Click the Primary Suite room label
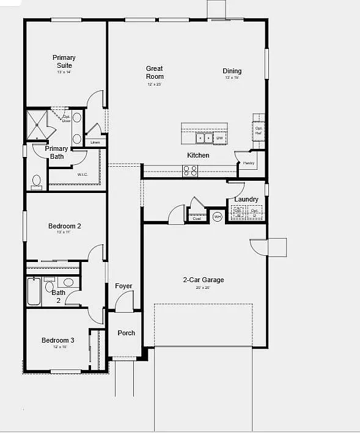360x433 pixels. (x=64, y=62)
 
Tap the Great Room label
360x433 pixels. (x=155, y=73)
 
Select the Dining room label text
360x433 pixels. (x=232, y=71)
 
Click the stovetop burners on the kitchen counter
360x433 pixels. (x=190, y=172)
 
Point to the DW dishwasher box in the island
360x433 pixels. (x=219, y=138)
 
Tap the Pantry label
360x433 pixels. (x=248, y=163)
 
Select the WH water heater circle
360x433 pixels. (x=217, y=216)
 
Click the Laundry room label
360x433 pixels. (x=246, y=199)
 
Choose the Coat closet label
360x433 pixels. (x=197, y=218)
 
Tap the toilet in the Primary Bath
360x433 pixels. (x=36, y=181)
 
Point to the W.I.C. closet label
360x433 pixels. (x=83, y=175)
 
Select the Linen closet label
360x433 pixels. (x=95, y=142)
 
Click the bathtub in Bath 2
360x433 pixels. (x=34, y=291)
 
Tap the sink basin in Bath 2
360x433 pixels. (x=68, y=283)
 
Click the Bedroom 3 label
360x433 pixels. (x=58, y=340)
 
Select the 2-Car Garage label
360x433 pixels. (x=203, y=280)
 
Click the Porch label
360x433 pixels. (x=126, y=333)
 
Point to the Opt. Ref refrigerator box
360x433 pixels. (x=259, y=130)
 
